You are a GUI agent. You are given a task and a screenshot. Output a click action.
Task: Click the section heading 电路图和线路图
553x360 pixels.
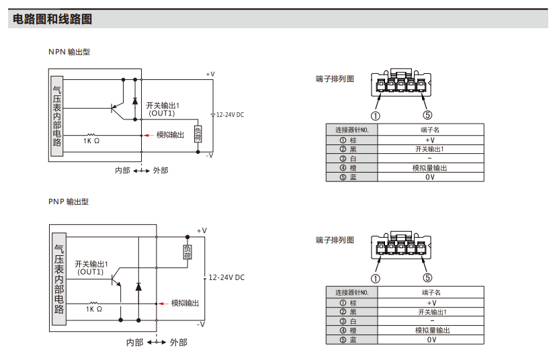coord(52,19)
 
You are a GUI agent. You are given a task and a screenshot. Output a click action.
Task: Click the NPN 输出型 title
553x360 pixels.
coord(69,52)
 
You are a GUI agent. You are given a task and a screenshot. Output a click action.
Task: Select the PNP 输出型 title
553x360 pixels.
coord(69,201)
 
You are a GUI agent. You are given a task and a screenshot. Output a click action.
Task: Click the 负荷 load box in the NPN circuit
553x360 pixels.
coord(198,134)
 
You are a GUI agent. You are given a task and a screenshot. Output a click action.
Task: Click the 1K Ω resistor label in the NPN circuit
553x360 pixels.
coord(91,142)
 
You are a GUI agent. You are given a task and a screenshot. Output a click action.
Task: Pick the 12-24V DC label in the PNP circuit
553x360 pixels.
coord(226,277)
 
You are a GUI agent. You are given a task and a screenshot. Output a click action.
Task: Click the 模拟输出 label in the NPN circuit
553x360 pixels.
coord(170,135)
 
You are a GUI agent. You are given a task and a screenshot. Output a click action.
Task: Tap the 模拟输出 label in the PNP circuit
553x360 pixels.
coord(185,303)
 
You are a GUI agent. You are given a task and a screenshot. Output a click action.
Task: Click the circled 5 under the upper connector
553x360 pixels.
coord(427,114)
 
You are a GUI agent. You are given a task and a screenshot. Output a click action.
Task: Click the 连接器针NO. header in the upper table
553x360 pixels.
coord(351,129)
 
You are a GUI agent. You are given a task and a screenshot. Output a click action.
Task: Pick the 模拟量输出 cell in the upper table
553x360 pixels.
coord(430,168)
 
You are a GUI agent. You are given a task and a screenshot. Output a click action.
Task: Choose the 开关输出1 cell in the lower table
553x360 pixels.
coord(431,312)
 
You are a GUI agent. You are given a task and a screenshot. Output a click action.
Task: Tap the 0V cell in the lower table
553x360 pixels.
coord(431,340)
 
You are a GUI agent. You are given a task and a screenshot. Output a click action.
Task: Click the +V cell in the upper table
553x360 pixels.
coord(430,140)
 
